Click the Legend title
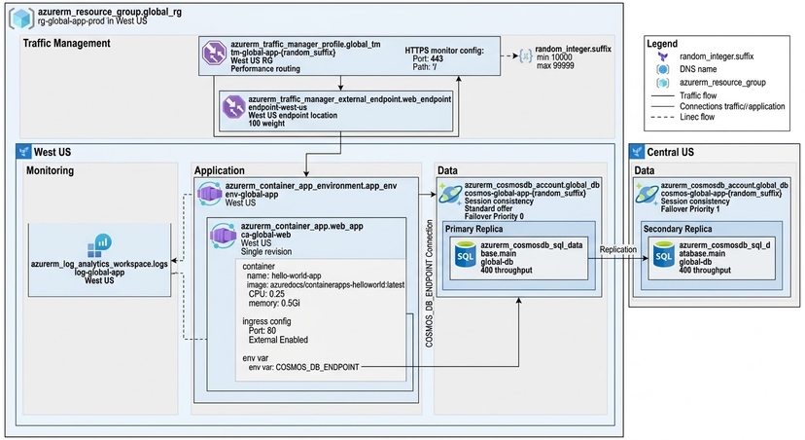[669, 44]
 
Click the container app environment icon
[210, 194]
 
